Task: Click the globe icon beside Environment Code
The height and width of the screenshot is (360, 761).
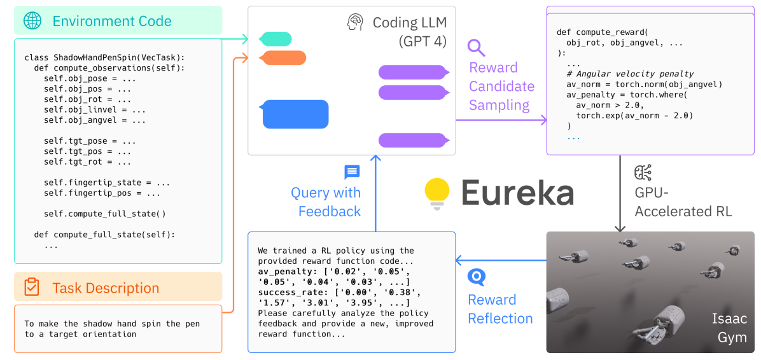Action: (x=32, y=21)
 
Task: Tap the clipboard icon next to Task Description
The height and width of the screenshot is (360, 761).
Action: (x=32, y=287)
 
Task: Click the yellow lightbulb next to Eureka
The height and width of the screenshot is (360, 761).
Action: (x=437, y=193)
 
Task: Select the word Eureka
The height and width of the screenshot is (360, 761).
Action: (x=517, y=193)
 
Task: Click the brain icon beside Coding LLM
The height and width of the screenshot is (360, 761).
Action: (x=355, y=23)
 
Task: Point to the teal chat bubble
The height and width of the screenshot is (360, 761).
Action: (x=276, y=39)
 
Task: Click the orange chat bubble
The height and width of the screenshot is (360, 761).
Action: (x=283, y=58)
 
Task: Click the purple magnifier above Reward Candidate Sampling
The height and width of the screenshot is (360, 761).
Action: (x=476, y=47)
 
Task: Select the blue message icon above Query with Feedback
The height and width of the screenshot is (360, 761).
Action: (x=352, y=172)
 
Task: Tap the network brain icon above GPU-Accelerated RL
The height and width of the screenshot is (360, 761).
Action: (x=643, y=172)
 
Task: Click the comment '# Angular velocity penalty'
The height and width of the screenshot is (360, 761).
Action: (x=630, y=74)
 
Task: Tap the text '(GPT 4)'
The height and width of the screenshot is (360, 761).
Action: (x=422, y=42)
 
